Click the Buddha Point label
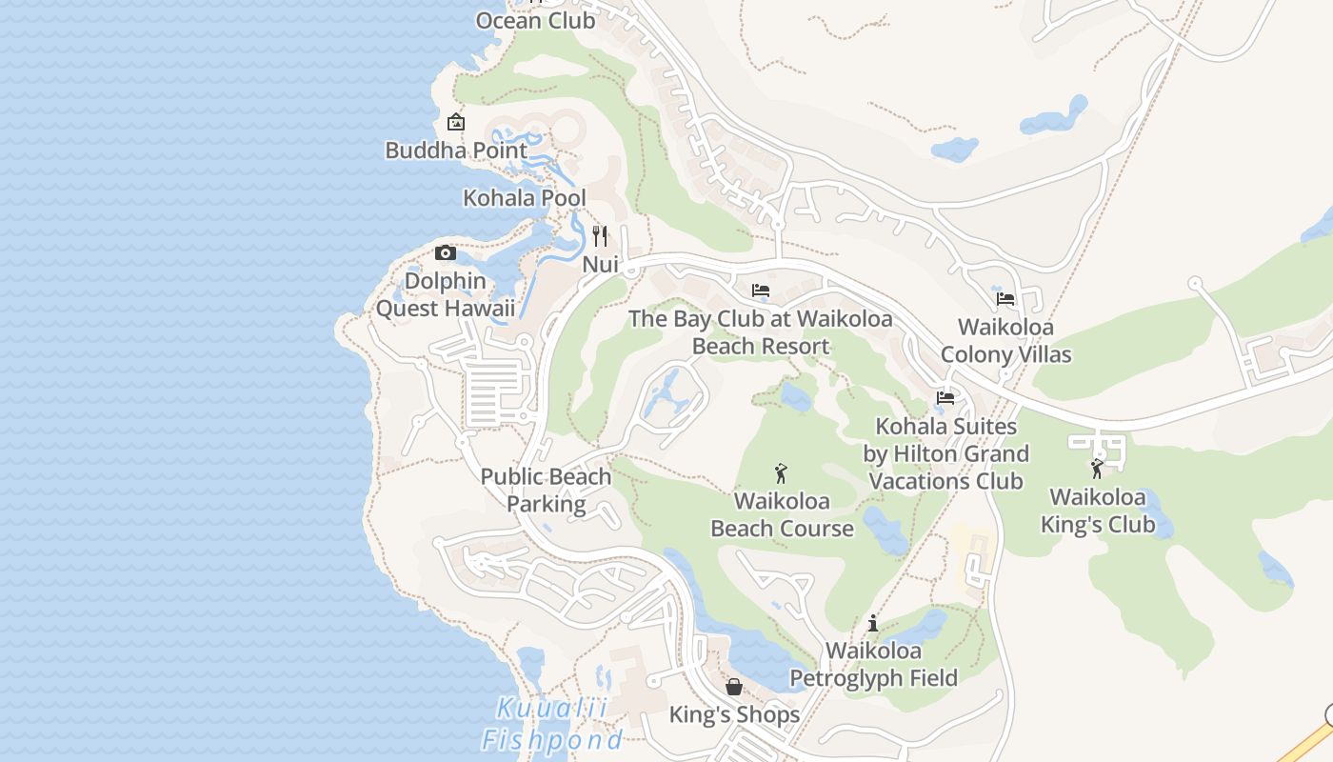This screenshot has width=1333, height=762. (456, 150)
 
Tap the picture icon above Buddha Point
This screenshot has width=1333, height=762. (456, 122)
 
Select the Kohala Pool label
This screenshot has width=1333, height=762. (524, 198)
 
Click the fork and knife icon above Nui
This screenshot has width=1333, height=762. (600, 235)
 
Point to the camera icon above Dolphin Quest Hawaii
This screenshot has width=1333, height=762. (445, 252)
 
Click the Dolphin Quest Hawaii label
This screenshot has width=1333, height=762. (445, 294)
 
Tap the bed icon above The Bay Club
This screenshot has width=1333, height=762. (760, 291)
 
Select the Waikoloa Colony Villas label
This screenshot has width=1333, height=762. (1005, 341)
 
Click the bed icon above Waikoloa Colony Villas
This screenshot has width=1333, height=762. (1005, 299)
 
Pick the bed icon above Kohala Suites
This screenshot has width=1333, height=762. (945, 398)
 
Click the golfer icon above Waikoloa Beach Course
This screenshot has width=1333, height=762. (781, 472)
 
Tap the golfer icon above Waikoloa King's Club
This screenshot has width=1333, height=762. (1097, 469)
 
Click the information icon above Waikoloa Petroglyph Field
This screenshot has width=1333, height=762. (873, 624)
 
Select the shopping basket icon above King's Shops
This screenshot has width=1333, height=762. (734, 687)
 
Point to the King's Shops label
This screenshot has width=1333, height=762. (734, 714)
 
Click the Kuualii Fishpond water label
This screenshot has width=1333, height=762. (552, 724)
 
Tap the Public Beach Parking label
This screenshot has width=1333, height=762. (546, 490)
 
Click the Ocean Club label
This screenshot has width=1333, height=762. (535, 20)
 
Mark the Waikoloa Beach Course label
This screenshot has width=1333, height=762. (782, 514)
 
